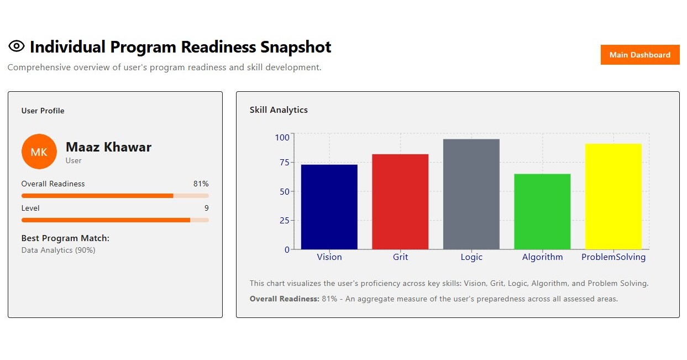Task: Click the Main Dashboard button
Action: [x=639, y=55]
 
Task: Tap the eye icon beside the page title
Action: [x=17, y=46]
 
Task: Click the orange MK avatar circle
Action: [x=39, y=152]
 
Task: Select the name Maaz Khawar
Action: [x=108, y=147]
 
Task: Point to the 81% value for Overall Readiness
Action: [x=201, y=184]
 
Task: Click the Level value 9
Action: [x=206, y=208]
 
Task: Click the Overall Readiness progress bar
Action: [x=115, y=196]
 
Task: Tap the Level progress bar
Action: [x=115, y=220]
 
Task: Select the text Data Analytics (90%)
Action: [x=58, y=250]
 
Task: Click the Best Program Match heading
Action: [x=65, y=238]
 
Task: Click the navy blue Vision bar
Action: [x=329, y=207]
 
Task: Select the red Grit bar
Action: [x=400, y=202]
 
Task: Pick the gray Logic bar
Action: [x=471, y=194]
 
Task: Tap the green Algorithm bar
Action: [x=542, y=212]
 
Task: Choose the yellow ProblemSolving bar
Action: [x=613, y=196]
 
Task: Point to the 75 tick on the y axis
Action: [x=284, y=162]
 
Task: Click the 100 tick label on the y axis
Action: [x=282, y=137]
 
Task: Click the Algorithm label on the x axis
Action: [x=542, y=257]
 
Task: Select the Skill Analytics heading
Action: [x=279, y=110]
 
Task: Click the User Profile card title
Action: [x=43, y=111]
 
